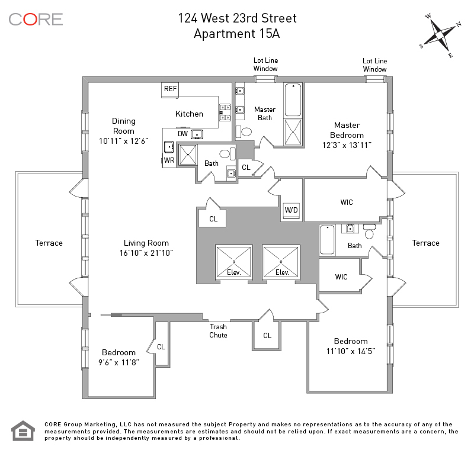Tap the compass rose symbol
point(441,35)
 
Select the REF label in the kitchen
point(171,89)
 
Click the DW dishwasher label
point(182,134)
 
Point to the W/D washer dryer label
point(292,210)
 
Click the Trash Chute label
point(218,331)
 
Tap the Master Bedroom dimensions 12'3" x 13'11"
point(347,145)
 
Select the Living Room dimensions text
point(146,253)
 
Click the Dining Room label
point(124,126)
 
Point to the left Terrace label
point(49,243)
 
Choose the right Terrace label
point(425,243)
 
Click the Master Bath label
point(265,114)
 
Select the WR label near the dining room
point(169,160)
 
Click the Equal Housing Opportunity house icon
point(23,431)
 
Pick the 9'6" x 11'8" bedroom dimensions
point(118,362)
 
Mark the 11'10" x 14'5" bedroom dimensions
point(351,351)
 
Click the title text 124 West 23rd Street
point(237,18)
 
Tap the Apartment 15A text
point(237,33)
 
